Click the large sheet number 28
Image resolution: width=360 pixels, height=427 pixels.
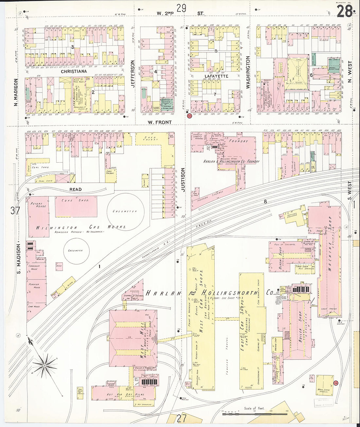(x=344, y=12)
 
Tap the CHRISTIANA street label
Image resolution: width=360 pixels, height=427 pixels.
(x=74, y=71)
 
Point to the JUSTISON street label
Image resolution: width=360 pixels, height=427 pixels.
(x=183, y=179)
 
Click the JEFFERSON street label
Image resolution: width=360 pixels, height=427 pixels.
(x=133, y=73)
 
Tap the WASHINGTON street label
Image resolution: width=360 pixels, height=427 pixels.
(x=248, y=72)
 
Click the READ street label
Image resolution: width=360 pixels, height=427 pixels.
(x=75, y=189)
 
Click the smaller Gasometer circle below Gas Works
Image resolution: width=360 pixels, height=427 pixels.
(x=76, y=251)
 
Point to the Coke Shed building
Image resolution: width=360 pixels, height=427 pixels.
(x=76, y=206)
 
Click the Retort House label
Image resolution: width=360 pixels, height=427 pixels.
(x=38, y=205)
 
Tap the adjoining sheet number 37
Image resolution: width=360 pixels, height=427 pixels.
(x=15, y=211)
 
